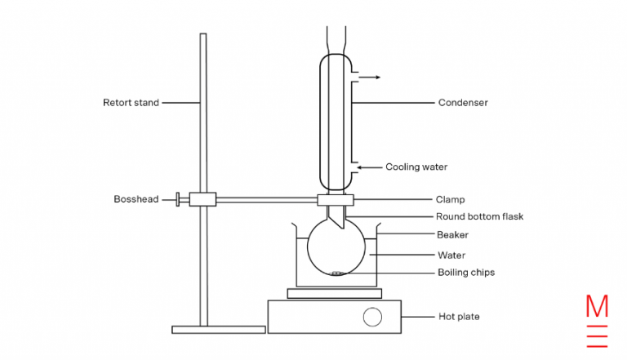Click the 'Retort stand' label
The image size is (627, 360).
pos(131,103)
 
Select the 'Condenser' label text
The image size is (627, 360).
pos(463,103)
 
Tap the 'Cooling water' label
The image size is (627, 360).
pos(416,167)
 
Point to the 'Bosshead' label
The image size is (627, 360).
pos(136,199)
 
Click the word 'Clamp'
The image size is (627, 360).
pos(451,200)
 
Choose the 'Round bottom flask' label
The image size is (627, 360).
pos(479,216)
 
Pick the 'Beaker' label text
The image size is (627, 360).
pos(452,235)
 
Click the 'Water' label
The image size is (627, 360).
pos(451,256)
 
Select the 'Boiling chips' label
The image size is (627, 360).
pos(466,273)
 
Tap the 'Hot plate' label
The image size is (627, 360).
pos(459,317)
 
